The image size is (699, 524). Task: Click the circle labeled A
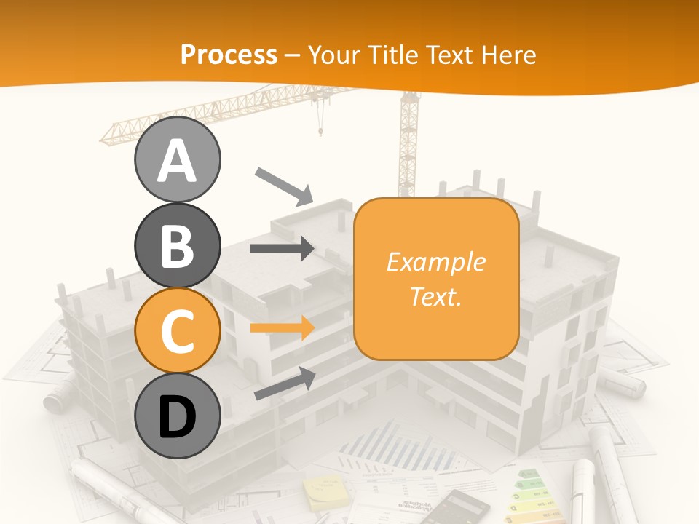177,159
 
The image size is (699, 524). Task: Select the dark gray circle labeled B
177,245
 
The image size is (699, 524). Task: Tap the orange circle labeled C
177,330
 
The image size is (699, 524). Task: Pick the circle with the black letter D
177,416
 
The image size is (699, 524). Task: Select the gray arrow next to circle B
282,248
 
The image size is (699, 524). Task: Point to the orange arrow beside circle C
282,327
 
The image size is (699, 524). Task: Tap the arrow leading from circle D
285,384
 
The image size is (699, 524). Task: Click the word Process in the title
229,55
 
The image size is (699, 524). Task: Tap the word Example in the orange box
435,262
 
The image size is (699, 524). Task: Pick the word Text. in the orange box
435,296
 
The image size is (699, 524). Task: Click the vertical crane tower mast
407,146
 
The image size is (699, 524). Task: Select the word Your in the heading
334,55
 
